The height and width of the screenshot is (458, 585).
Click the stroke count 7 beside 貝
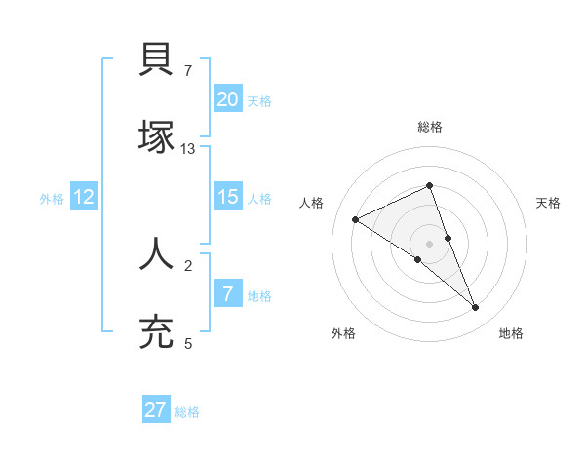(x=187, y=70)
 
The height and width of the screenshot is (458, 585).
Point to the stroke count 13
(x=188, y=149)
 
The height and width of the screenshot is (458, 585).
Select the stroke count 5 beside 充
(x=188, y=343)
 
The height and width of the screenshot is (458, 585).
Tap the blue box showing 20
(x=227, y=98)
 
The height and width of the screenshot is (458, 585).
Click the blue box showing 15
(x=227, y=197)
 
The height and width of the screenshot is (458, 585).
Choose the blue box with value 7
(x=227, y=293)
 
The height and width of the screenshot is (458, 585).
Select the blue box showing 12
(x=84, y=197)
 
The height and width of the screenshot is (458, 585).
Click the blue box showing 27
(x=156, y=410)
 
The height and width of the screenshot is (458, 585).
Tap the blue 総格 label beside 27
(x=187, y=412)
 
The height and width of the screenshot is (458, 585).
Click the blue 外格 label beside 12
(x=52, y=199)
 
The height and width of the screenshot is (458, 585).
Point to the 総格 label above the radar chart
(x=430, y=127)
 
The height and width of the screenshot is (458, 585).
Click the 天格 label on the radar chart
(x=548, y=203)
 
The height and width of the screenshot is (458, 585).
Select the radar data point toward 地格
(x=476, y=308)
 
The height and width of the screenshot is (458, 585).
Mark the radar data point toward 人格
(x=356, y=220)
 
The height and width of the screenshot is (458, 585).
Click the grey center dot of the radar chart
(x=430, y=243)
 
